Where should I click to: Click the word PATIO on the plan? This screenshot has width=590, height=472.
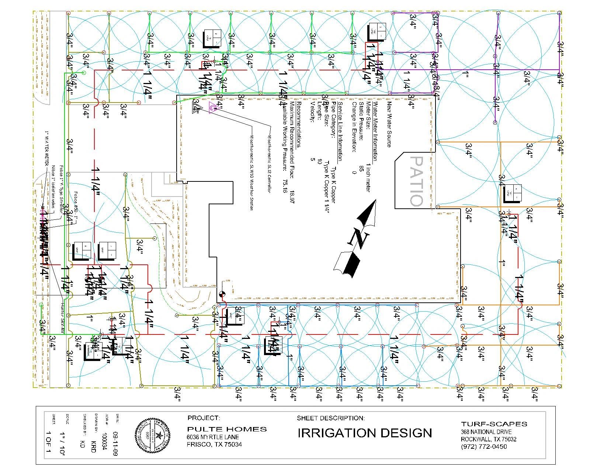pos(416,181)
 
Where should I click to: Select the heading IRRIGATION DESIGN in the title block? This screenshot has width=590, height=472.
pos(364,433)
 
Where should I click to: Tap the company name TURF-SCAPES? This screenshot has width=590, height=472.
pos(494,424)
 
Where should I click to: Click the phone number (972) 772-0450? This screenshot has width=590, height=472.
pos(484,447)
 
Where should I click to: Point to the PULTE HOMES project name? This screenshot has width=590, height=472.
pos(227,429)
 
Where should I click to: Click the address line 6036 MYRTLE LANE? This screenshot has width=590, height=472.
pos(213,437)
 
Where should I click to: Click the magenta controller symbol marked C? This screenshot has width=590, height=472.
pos(213,107)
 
